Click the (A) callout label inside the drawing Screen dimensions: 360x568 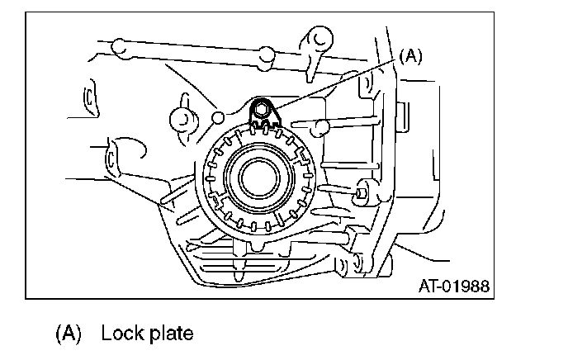coord(410,56)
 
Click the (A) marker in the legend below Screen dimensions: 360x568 coord(69,334)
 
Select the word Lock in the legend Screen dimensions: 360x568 coord(119,334)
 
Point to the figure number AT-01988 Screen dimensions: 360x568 coord(453,287)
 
